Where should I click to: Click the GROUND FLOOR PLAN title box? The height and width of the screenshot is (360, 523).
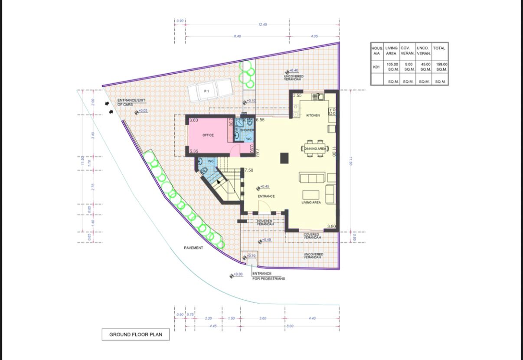tap(135, 334)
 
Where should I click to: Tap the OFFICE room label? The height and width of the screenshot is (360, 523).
tap(208, 135)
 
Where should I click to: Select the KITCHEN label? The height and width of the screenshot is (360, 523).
tap(313, 115)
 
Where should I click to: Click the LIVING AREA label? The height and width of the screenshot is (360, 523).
tap(311, 203)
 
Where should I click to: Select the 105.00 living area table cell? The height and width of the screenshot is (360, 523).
tap(392, 67)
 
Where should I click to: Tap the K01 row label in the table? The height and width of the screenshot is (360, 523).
tap(376, 67)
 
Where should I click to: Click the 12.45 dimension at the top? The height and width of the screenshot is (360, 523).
tap(262, 25)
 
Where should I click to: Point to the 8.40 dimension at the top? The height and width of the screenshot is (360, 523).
tap(237, 36)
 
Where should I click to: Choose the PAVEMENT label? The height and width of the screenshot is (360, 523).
tap(193, 248)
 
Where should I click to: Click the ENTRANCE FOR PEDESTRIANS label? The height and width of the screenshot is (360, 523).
tap(268, 276)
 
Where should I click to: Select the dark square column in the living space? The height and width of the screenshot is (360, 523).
tap(284, 158)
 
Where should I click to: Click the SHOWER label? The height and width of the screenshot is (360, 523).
tap(247, 130)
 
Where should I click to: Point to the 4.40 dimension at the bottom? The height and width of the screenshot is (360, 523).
tap(312, 318)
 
